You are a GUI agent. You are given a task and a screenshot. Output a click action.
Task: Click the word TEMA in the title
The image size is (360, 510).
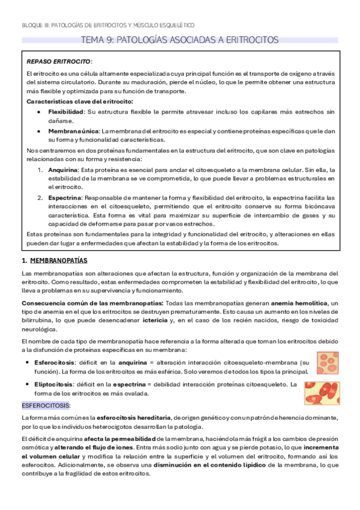91,40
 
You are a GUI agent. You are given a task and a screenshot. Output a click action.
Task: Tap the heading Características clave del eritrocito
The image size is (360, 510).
80,101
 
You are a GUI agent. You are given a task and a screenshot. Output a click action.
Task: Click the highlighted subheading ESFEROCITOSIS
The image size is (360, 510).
46,405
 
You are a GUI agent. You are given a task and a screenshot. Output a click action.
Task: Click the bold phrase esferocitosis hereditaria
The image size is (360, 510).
130,417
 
